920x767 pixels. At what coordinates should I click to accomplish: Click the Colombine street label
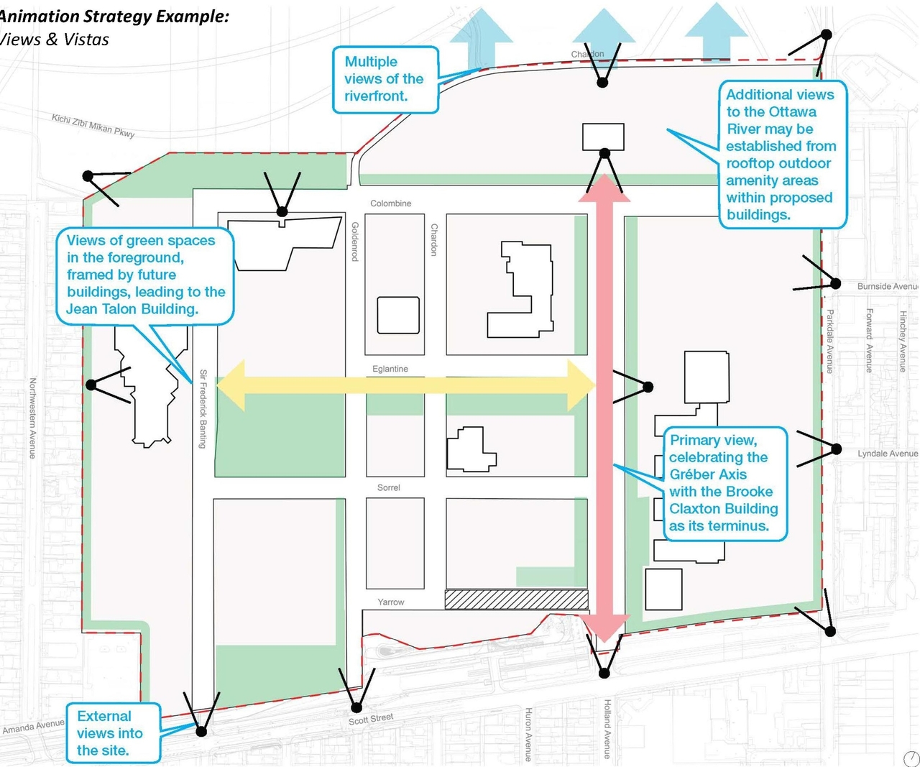point(390,203)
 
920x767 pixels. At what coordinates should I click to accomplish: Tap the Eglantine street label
point(390,369)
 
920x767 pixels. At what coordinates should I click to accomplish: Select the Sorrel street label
point(388,487)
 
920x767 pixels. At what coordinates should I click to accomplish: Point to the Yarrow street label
point(391,602)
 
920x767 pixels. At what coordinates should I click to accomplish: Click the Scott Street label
point(371,719)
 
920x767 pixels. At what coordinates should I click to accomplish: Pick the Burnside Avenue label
point(887,286)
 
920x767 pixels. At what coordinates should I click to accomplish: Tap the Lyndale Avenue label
point(887,454)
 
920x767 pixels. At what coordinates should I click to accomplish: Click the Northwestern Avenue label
point(32,418)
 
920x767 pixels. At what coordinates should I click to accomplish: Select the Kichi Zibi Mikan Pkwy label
point(93,124)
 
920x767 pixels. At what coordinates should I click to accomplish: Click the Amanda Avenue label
point(33,727)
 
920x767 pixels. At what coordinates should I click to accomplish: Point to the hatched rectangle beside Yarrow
point(516,600)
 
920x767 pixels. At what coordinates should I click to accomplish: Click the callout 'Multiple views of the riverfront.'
point(385,80)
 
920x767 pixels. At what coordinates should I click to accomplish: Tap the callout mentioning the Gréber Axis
point(724,483)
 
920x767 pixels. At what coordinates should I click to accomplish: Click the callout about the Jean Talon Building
point(145,275)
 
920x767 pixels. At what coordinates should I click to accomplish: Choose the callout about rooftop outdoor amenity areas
point(781,155)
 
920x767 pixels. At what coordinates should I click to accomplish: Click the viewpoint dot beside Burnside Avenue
point(835,283)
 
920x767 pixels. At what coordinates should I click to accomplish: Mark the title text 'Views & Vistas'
point(55,40)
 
